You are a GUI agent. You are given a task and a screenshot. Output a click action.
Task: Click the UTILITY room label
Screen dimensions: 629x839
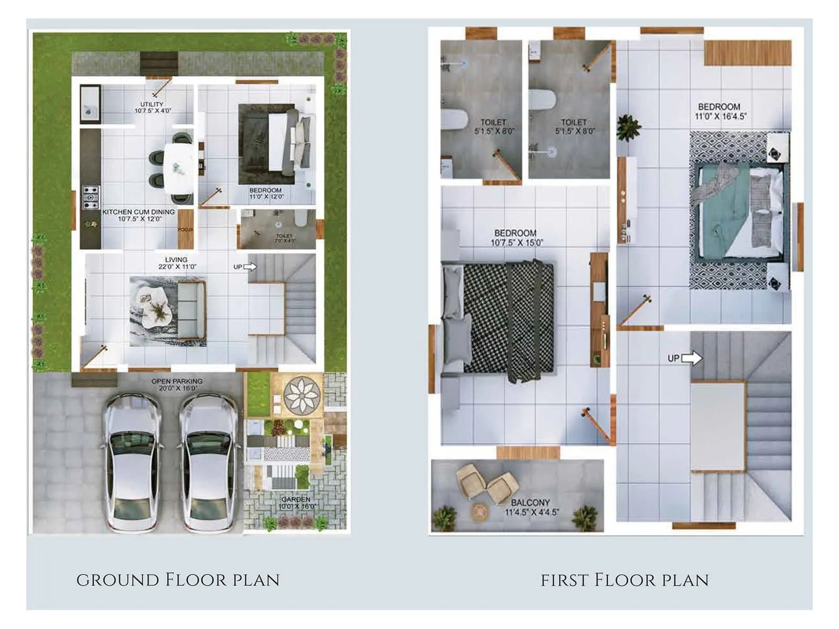[x=152, y=107]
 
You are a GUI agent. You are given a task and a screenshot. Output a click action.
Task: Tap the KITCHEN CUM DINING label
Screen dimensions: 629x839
[x=139, y=215]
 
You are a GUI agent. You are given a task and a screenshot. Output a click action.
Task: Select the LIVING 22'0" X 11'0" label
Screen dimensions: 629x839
[x=177, y=263]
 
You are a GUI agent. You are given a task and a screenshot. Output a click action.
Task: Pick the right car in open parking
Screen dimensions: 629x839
[x=208, y=461]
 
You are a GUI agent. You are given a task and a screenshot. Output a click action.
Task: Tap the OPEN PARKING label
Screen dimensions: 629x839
[x=177, y=385]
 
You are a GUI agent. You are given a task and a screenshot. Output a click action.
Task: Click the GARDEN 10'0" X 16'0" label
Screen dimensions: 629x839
[x=296, y=503]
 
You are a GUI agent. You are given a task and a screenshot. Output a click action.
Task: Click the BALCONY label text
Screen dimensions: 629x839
[x=531, y=507]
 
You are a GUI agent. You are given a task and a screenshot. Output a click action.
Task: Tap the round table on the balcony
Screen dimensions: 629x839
[x=479, y=512]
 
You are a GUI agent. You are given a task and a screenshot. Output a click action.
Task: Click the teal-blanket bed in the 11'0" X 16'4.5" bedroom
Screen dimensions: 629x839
[x=739, y=212]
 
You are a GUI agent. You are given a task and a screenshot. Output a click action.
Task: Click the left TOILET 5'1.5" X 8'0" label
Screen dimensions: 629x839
[x=494, y=126]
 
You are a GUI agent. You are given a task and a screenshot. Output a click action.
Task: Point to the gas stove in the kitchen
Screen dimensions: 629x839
[x=91, y=197]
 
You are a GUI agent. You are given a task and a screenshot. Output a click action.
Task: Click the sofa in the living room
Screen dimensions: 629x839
[x=191, y=309]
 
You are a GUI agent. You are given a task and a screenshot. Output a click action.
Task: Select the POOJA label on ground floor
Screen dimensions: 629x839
[x=186, y=230]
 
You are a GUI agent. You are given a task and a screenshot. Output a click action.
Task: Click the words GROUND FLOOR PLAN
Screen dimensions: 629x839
[x=178, y=580]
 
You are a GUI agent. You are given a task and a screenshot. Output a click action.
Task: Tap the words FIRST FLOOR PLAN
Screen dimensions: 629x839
[x=625, y=580]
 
